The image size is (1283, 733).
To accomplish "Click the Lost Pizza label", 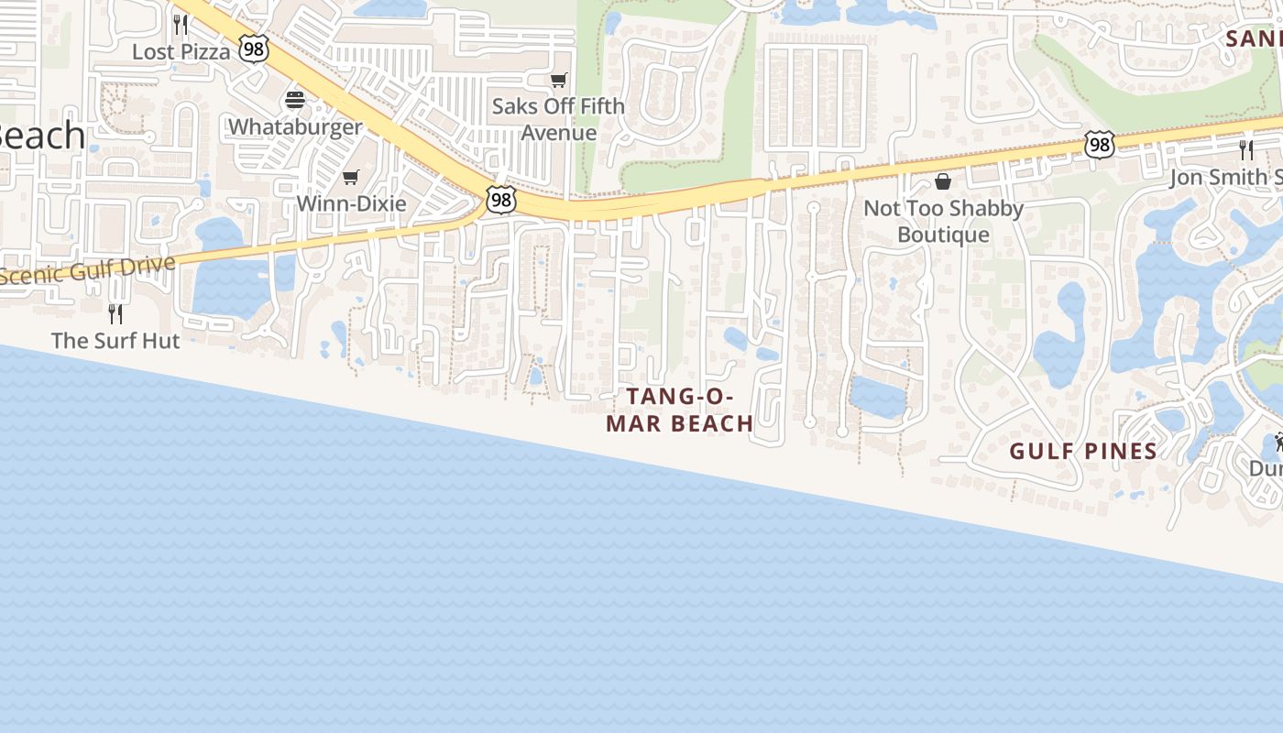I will point(181,51).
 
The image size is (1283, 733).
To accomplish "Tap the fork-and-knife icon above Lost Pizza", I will point(181,23).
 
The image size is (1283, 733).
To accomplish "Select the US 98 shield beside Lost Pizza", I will point(254,49).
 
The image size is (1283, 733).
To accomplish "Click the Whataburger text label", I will point(295,126).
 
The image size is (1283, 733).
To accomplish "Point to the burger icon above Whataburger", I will point(295,99).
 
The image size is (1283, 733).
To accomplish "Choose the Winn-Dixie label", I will point(351,202).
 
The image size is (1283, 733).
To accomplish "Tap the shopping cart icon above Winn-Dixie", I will point(351,177).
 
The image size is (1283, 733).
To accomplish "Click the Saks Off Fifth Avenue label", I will point(558,119).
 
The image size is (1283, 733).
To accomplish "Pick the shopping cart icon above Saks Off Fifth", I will point(559,81).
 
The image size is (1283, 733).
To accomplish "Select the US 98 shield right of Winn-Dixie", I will point(501,200).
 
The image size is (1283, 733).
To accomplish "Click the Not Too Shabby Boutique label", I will point(943,221).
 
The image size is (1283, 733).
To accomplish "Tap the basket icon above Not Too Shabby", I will point(943,181).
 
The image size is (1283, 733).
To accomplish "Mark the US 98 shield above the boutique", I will point(1099,144).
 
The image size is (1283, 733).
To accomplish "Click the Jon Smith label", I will point(1225,177).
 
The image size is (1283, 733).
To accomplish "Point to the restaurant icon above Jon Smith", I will point(1245,148).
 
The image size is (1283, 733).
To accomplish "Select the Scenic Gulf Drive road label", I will point(87,270).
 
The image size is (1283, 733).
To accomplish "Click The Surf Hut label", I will point(115,340).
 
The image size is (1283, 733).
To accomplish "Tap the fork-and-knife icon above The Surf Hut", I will point(115,313).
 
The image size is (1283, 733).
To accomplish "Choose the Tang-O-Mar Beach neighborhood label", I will point(680,410).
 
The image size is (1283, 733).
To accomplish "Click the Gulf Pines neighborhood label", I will point(1083,451).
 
